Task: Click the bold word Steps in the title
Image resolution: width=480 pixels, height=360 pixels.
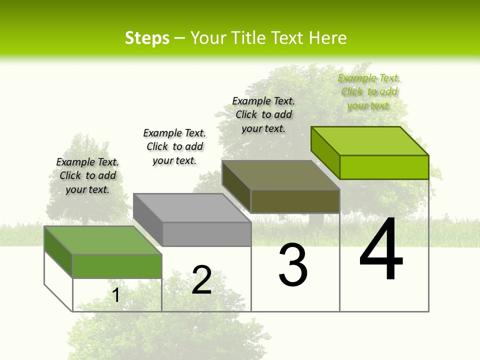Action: (147, 38)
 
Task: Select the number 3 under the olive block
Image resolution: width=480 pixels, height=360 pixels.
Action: (293, 265)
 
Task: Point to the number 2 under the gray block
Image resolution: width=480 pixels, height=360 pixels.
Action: (201, 280)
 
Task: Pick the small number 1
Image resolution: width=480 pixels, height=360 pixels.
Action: (116, 295)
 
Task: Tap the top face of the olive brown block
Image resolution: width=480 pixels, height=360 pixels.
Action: (281, 175)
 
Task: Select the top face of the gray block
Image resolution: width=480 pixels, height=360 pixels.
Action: (192, 208)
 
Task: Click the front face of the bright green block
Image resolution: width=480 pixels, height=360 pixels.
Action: (384, 167)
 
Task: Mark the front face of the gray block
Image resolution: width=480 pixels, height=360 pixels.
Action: (206, 234)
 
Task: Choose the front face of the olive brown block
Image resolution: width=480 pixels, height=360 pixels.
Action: (295, 201)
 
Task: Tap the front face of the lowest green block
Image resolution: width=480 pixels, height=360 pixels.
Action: (117, 266)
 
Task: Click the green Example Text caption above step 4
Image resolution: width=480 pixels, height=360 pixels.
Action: (369, 91)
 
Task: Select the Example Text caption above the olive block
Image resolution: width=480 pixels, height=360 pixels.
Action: (263, 114)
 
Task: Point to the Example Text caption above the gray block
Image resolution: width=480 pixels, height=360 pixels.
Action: (174, 146)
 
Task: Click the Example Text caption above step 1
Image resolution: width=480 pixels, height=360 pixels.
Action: (87, 175)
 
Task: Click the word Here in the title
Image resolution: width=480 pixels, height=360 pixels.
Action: (328, 38)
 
